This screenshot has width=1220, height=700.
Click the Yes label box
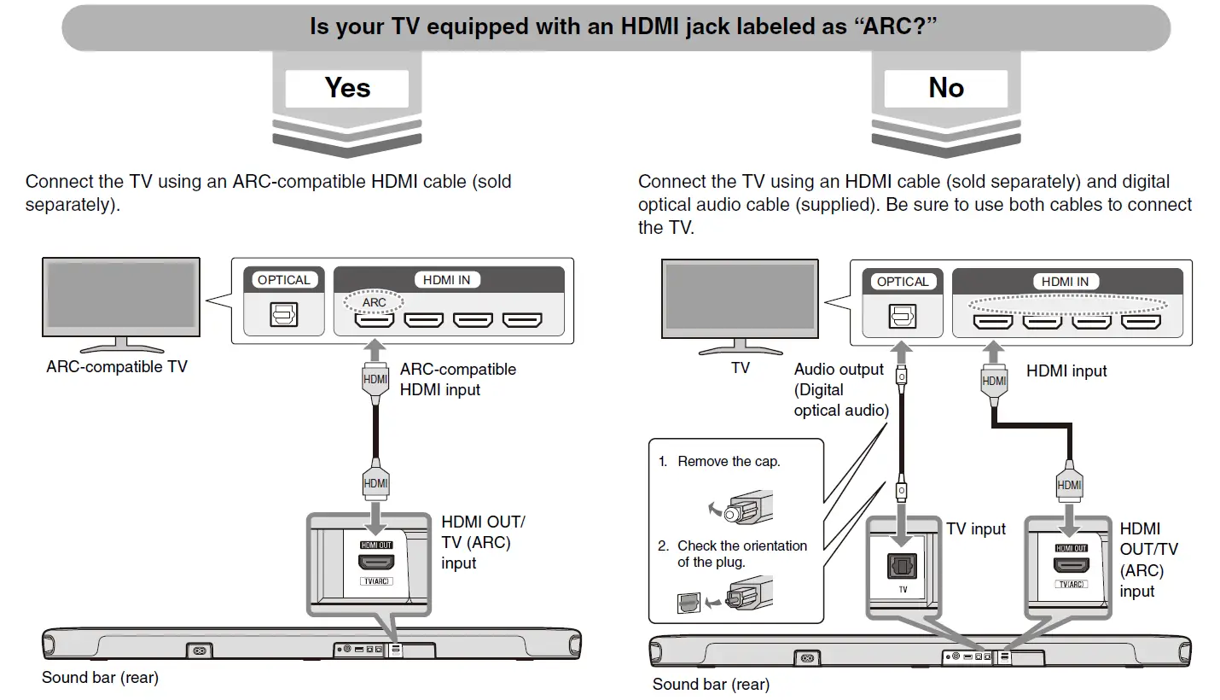[x=347, y=88]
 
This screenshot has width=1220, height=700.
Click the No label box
[x=945, y=88]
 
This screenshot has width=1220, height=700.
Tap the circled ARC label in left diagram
[x=374, y=302]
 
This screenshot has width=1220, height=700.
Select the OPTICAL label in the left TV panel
[x=284, y=280]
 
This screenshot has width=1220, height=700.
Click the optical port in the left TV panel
[x=284, y=316]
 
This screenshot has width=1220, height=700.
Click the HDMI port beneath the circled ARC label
[x=375, y=320]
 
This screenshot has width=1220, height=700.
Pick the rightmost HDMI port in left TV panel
[x=522, y=320]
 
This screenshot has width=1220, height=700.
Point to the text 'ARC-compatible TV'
[x=117, y=367]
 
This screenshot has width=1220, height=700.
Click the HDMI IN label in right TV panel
[x=1065, y=282]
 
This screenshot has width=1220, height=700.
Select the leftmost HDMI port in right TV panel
[x=993, y=322]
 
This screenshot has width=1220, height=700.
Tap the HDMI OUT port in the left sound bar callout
[x=376, y=563]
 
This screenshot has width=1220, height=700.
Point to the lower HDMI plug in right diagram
[x=1070, y=484]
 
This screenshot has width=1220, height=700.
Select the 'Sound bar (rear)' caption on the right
[x=711, y=685]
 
